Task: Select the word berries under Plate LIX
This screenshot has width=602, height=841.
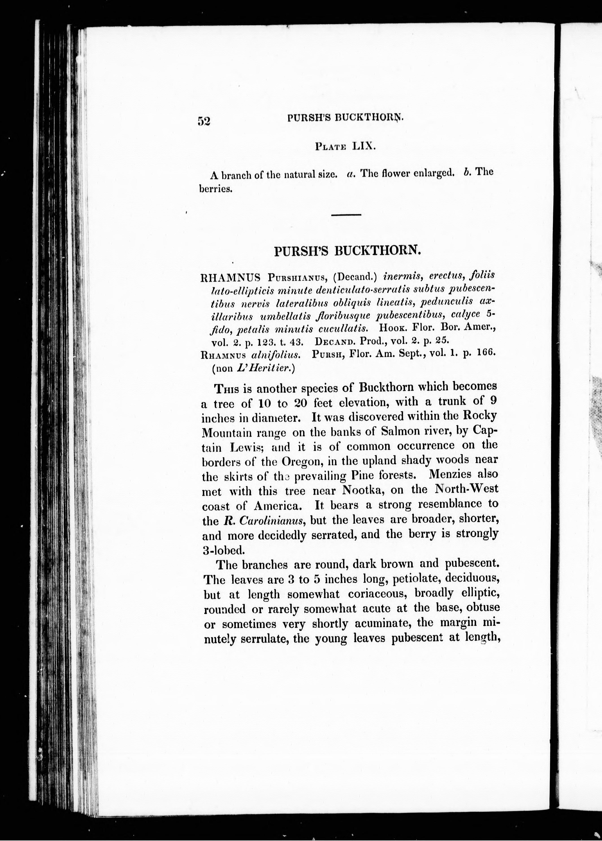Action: (x=216, y=189)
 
